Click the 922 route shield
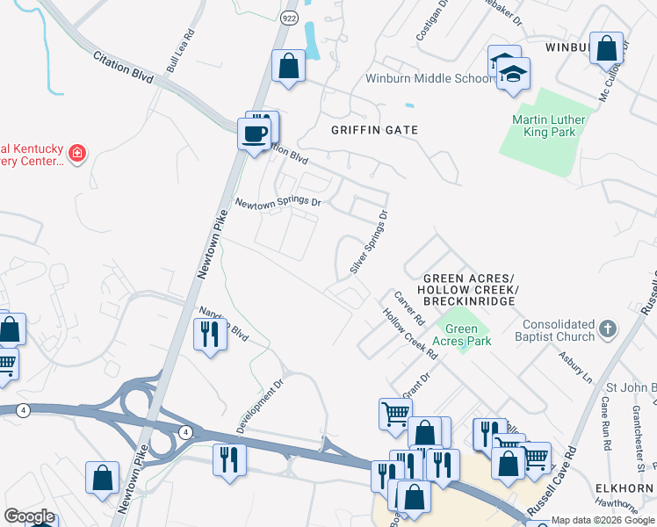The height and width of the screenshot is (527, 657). pos(287,18)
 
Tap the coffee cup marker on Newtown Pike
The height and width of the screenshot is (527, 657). pos(255,134)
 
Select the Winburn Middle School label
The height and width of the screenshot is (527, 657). pos(430,78)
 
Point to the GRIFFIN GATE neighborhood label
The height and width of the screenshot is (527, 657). pos(373,130)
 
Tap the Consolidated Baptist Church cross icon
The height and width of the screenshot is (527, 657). pos(607,331)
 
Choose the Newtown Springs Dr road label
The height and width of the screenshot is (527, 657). pos(278,202)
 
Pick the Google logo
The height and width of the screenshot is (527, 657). pos(29,516)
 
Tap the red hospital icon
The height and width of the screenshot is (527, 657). pos(77,154)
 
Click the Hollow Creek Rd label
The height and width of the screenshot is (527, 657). pos(409,334)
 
